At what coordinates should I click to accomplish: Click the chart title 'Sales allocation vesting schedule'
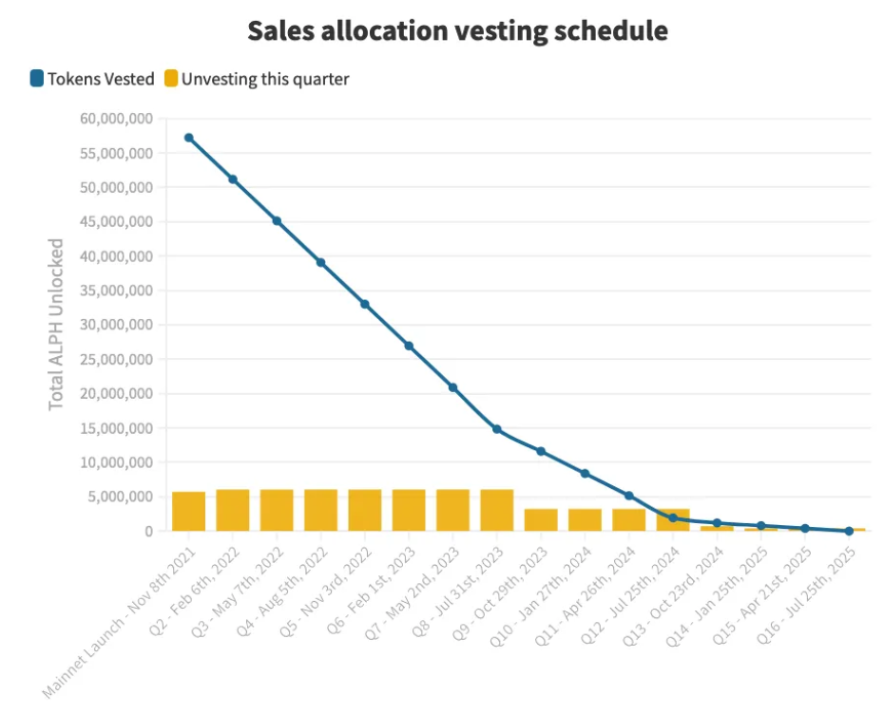point(457,30)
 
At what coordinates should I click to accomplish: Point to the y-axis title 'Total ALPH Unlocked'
point(57,324)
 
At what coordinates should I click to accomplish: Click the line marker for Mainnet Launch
point(189,138)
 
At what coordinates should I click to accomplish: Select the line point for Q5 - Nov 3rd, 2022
point(365,304)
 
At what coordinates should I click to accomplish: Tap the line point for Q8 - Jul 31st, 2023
point(497,429)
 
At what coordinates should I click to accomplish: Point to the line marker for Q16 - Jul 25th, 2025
point(849,531)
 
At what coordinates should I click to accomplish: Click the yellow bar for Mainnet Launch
point(189,511)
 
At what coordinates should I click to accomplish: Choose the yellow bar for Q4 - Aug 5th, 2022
point(321,510)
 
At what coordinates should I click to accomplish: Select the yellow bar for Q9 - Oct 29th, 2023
point(541,519)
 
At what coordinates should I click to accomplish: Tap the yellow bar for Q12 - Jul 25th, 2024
point(673,519)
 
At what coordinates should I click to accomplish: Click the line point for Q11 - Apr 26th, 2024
point(629,496)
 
